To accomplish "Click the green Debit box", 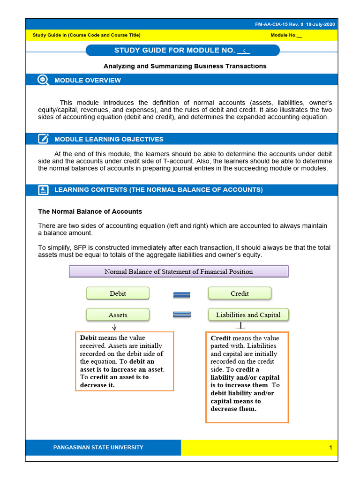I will (118, 293).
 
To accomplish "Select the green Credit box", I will (240, 293).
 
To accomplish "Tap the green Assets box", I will (118, 315).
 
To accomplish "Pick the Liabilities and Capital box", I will (248, 315).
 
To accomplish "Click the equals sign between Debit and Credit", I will (181, 294).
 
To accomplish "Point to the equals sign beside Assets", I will (181, 315).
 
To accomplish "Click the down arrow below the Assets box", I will (114, 327).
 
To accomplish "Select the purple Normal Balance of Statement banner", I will (179, 271).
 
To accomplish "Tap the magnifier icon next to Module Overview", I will (43, 80).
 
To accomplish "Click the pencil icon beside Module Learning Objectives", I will (43, 139).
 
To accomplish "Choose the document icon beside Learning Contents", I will (43, 189).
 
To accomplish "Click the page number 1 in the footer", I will (330, 448).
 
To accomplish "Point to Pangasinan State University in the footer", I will (98, 447).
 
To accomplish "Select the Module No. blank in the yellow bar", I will (299, 36).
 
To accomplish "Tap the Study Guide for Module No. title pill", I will (182, 51).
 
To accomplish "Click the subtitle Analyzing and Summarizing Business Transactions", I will (185, 66).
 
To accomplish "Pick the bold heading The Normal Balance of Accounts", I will (90, 211).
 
